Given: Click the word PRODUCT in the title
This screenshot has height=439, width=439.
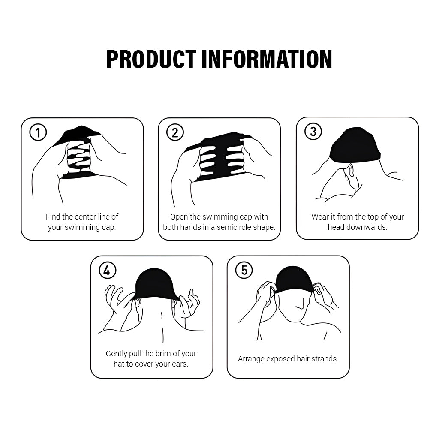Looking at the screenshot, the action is tap(151, 59).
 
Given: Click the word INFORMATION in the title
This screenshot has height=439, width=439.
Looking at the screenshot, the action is tap(267, 59).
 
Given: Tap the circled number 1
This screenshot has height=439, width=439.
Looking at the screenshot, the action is tap(38, 132).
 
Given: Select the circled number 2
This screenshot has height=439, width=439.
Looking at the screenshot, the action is tap(175, 132).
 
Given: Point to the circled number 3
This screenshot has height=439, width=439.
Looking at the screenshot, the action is tap(313, 132).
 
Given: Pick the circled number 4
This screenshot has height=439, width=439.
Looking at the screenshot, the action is tap(107, 270).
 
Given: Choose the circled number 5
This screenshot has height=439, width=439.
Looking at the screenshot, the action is tap(244, 270).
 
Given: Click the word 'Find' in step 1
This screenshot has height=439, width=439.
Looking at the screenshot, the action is tap(53, 216).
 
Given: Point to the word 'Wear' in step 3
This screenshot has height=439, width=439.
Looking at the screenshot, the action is tap(319, 216).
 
